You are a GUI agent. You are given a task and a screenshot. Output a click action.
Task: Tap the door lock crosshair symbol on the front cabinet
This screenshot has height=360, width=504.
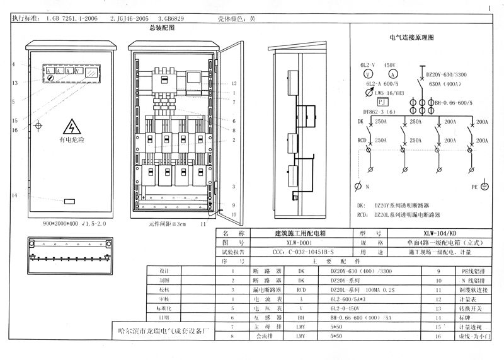click(x=39, y=126)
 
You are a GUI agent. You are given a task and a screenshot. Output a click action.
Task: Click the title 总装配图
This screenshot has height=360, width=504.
click(x=161, y=28)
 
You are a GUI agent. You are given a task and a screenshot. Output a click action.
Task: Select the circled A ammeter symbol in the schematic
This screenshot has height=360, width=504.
click(x=391, y=74)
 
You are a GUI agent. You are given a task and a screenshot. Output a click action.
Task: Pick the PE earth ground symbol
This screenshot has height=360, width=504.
click(x=484, y=187)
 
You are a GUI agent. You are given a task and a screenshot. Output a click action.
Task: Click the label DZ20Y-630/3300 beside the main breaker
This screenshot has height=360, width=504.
click(x=448, y=74)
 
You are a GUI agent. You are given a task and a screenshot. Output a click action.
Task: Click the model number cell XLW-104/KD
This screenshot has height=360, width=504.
click(x=442, y=233)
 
